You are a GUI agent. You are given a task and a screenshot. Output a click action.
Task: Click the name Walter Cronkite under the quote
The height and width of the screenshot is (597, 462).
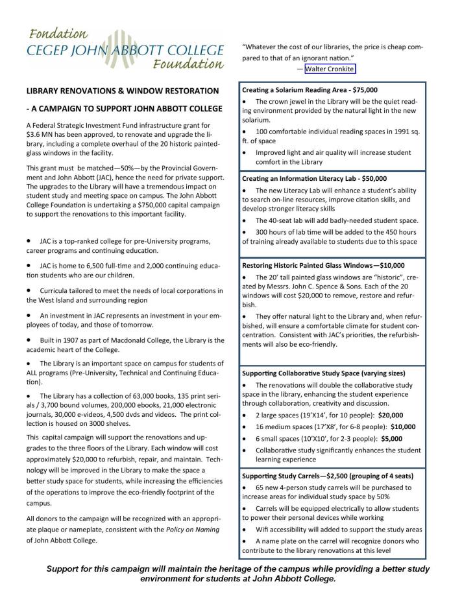pos(330,69)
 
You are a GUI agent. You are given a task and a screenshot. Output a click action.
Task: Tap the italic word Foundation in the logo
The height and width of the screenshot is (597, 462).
pos(188,64)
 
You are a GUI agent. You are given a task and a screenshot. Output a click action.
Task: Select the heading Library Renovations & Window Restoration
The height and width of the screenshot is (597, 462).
pos(122,91)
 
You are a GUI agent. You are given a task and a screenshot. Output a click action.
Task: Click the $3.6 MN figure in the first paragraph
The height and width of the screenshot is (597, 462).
pos(41,134)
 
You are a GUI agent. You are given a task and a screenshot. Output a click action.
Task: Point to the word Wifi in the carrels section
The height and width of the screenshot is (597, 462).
pos(263,529)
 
